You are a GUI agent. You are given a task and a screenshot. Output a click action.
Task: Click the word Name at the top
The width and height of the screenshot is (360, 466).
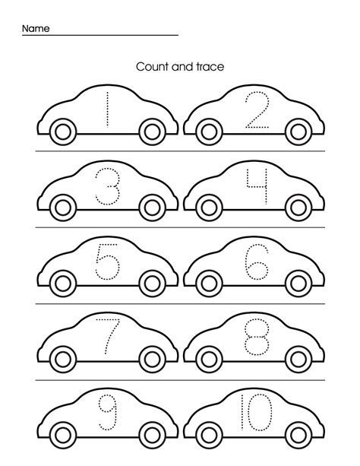(36, 29)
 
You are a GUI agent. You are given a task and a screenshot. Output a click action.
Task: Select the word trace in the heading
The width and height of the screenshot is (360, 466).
(210, 67)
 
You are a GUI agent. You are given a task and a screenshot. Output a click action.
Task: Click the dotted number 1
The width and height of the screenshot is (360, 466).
(107, 109)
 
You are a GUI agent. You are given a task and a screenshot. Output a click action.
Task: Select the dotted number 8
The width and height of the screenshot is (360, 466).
(257, 337)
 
